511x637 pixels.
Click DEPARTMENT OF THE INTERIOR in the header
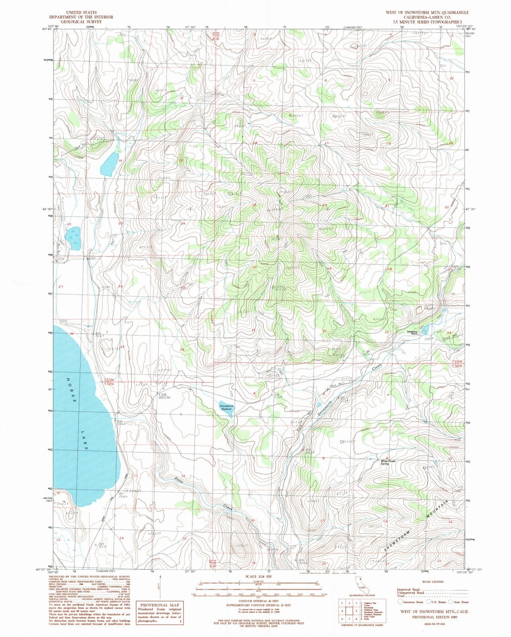point(81,17)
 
